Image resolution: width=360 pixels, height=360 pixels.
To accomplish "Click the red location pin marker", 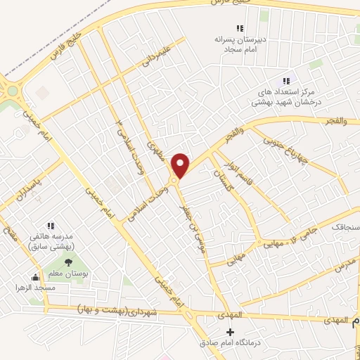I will click(181, 165).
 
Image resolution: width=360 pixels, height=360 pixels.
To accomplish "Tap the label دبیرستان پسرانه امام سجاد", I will click(239, 45).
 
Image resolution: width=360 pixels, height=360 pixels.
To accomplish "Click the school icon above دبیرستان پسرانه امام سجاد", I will click(240, 29).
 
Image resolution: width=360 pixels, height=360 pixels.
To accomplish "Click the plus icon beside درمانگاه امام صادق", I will click(230, 331).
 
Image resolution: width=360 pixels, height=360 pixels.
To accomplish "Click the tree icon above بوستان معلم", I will click(68, 262).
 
